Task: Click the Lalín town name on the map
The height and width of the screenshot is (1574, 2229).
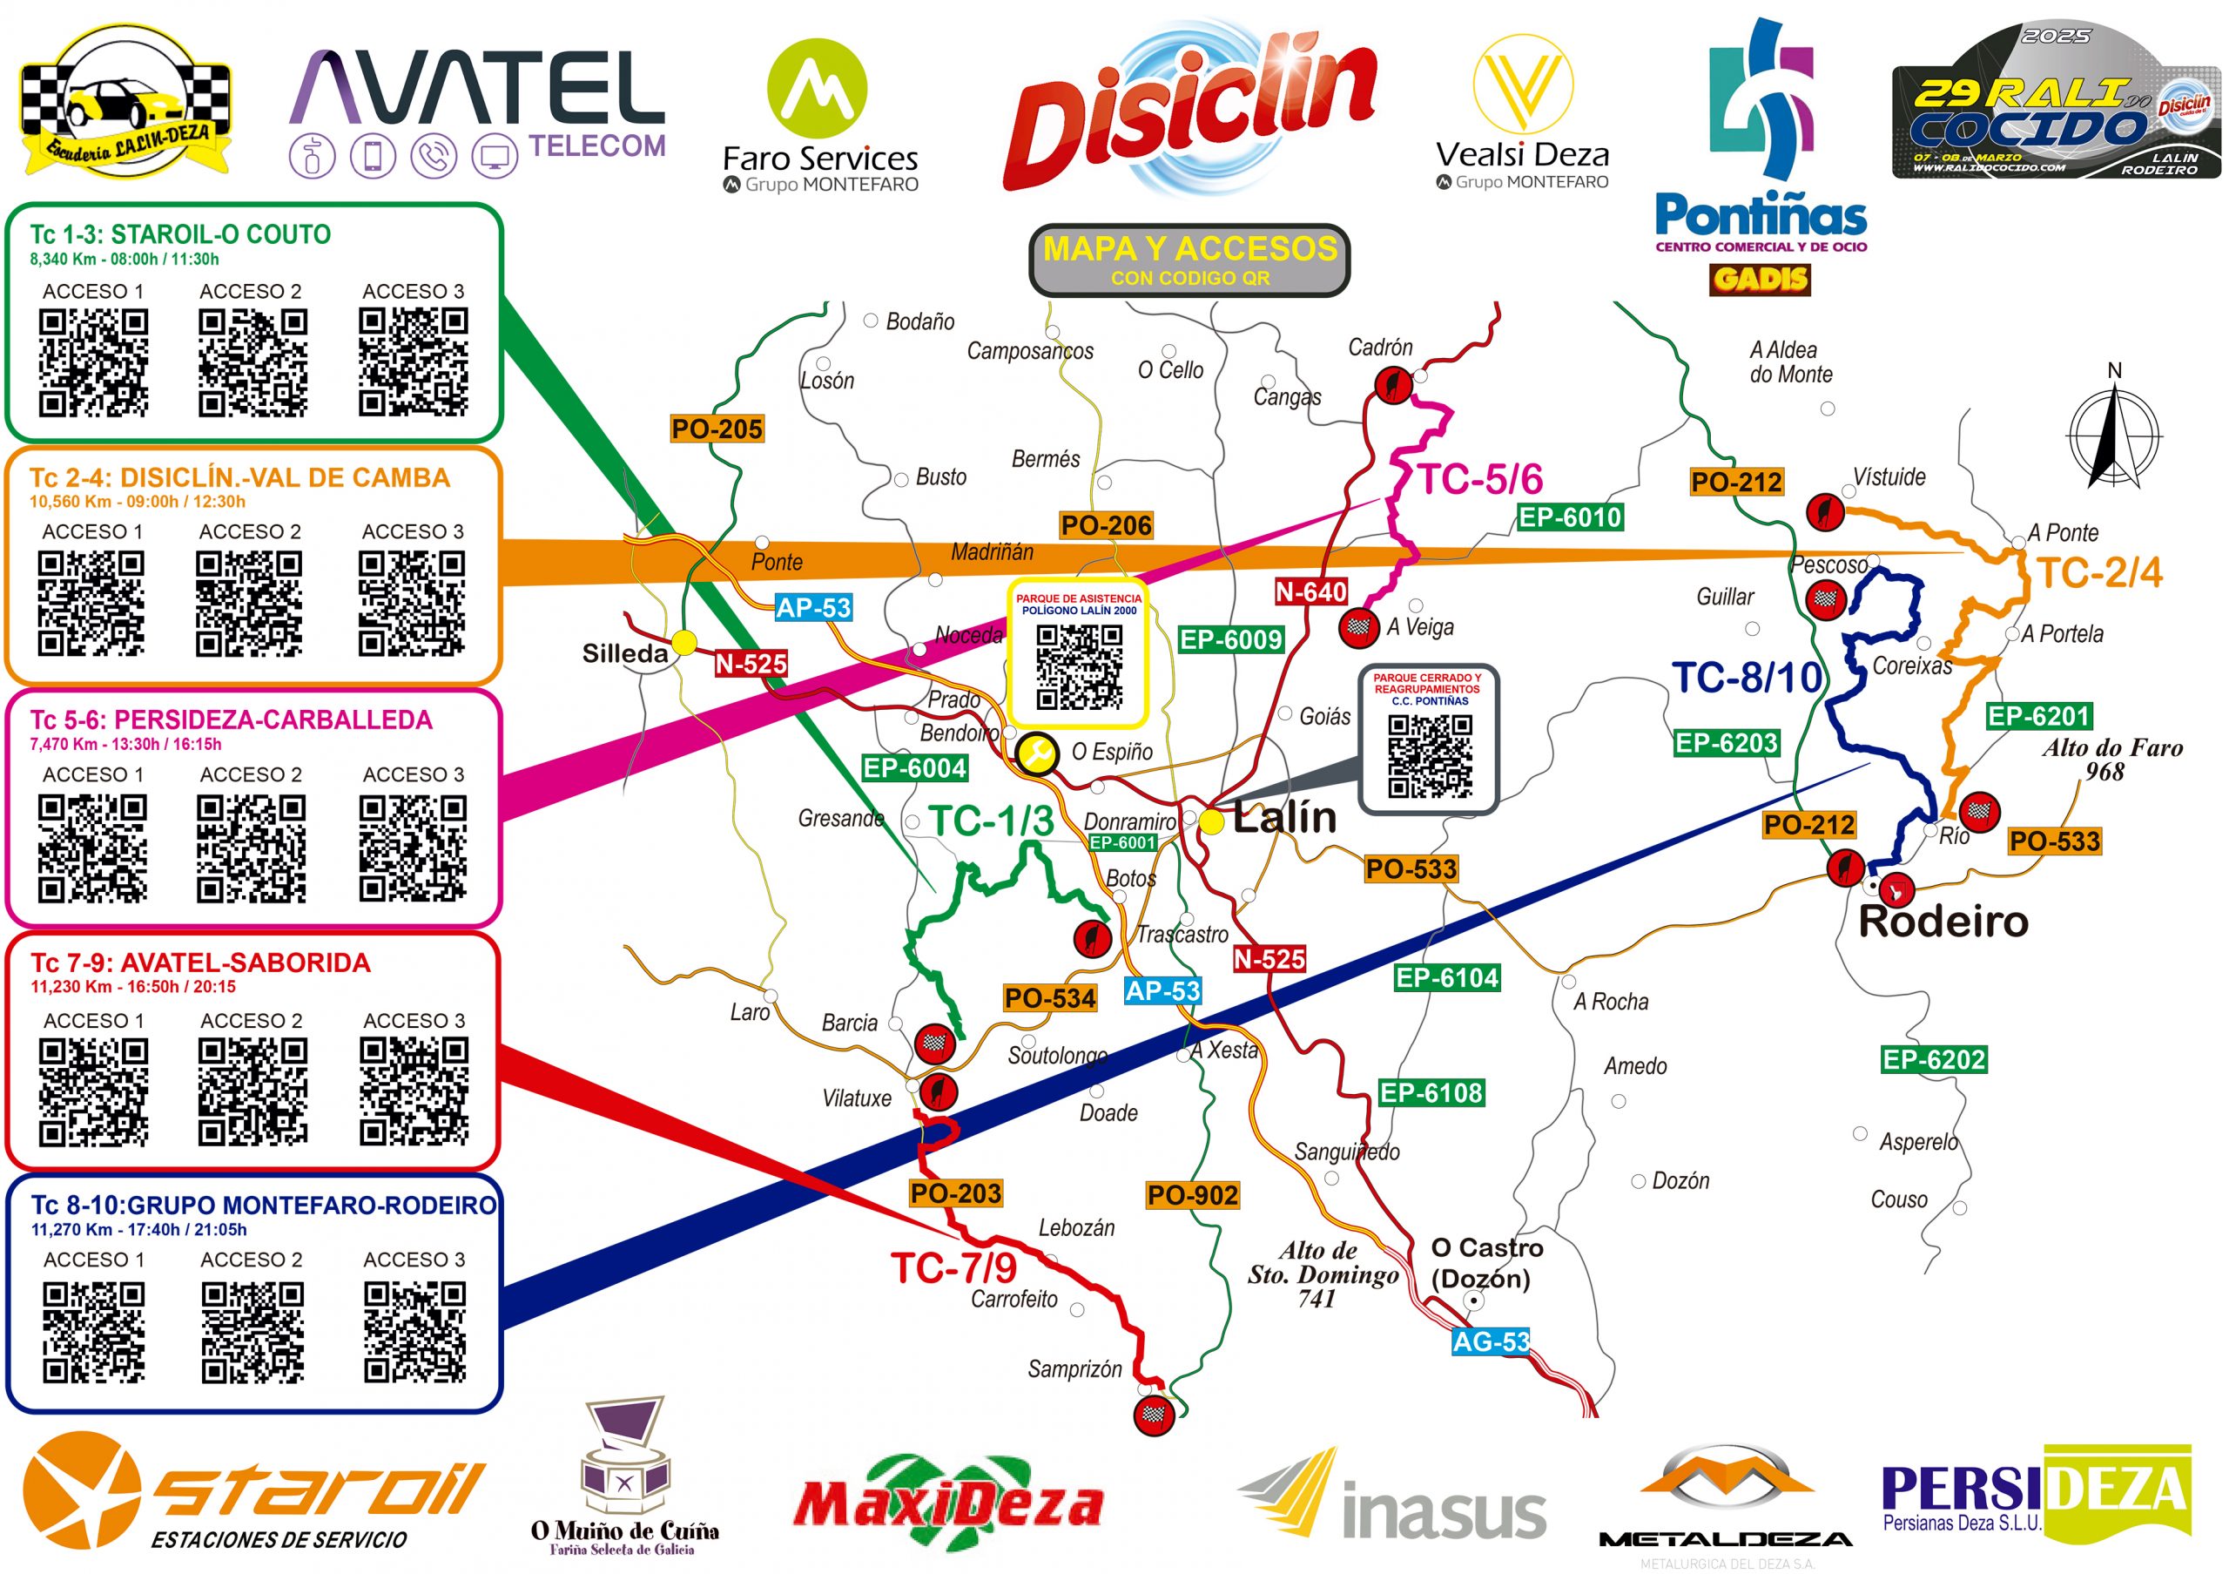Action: (1284, 818)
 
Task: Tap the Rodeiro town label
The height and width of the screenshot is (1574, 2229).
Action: (1943, 922)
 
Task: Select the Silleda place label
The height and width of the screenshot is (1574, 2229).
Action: (624, 653)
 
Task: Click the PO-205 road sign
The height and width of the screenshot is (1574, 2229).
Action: (717, 429)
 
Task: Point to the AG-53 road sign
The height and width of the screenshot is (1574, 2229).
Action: (1490, 1342)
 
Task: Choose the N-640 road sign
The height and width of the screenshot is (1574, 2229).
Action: (1310, 591)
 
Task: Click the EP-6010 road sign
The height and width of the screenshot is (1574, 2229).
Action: (1570, 517)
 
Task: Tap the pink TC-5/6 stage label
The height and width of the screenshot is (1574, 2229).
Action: (1480, 480)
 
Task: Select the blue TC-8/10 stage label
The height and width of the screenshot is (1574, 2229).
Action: (1747, 678)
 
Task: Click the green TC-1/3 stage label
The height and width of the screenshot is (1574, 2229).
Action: (991, 821)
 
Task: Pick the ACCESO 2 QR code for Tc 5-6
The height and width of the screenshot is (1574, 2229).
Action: (252, 848)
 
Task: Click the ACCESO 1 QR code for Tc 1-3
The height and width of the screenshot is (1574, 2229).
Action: (93, 362)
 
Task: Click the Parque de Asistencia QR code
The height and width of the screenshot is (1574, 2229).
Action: (1079, 667)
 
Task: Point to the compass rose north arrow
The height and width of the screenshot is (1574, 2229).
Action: (2113, 432)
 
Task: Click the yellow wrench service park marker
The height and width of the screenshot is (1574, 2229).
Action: (1037, 752)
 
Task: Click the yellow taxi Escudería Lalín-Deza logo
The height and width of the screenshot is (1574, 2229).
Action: (126, 103)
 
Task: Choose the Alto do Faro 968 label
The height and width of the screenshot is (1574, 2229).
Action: (2112, 760)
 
